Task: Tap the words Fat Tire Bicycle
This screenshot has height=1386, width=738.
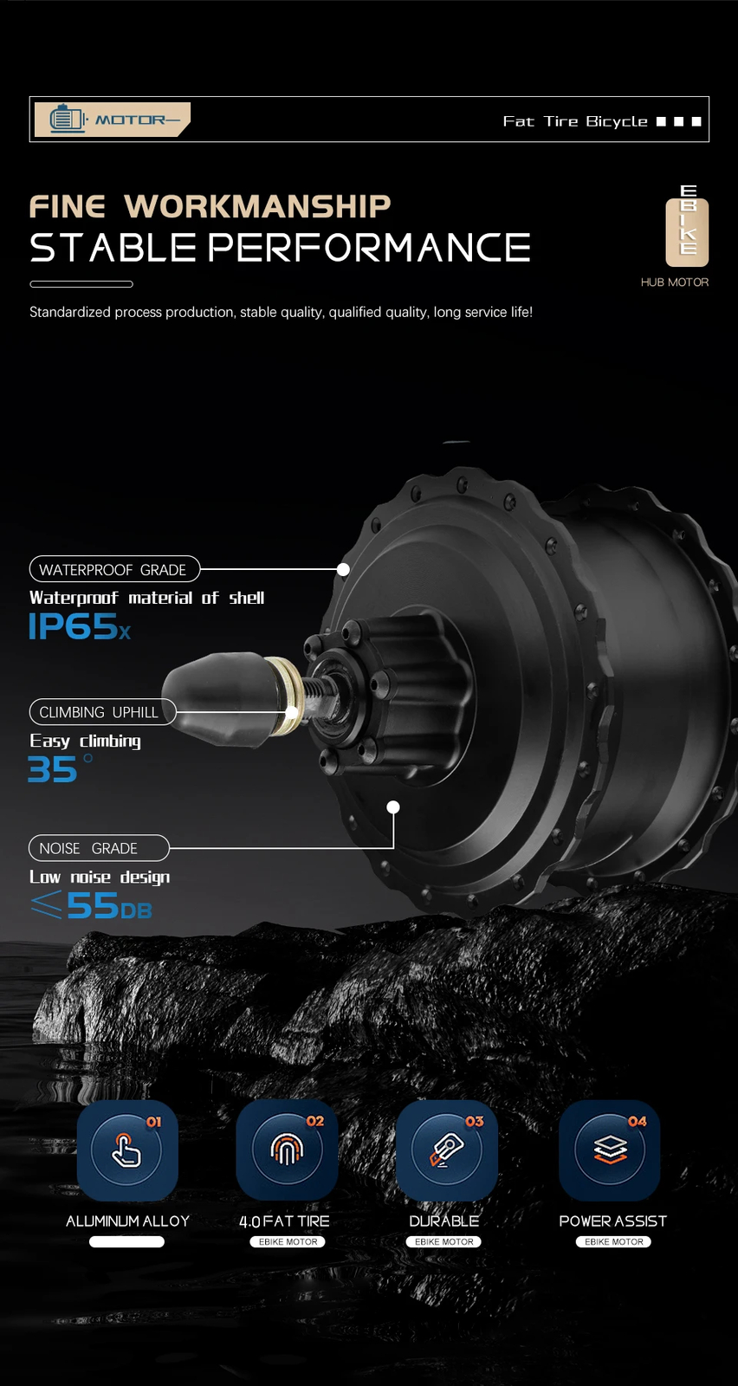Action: point(574,121)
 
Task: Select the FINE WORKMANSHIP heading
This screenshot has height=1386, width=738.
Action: point(210,206)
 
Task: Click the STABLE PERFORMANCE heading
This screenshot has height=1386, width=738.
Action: point(280,248)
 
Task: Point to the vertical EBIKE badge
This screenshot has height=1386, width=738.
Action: point(687,226)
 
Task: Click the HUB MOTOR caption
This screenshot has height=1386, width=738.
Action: point(674,282)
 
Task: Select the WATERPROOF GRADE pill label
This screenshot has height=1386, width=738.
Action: point(114,569)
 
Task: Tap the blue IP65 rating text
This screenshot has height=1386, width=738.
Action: point(79,626)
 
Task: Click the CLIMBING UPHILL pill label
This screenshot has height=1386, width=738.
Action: point(102,712)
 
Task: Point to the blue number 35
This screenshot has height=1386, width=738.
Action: point(53,770)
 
